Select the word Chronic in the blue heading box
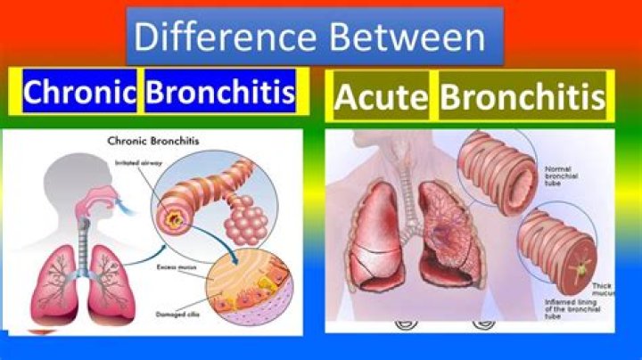[x=80, y=92]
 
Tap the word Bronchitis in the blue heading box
[x=219, y=92]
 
